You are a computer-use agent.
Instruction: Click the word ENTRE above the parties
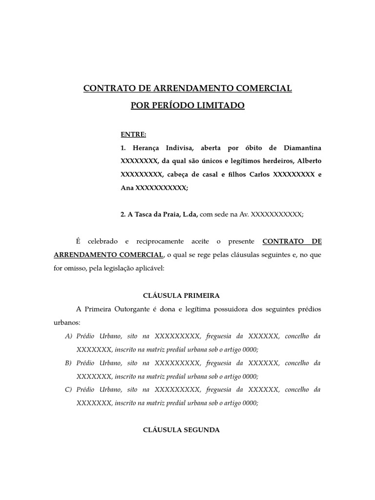point(133,134)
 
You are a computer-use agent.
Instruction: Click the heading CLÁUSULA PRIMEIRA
point(181,295)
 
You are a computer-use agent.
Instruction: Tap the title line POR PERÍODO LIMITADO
point(187,105)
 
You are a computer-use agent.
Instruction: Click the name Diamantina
point(302,147)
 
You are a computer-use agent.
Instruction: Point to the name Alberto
point(308,161)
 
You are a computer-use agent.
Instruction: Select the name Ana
point(126,187)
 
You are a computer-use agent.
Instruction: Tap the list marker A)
point(68,336)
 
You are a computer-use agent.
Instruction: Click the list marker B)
point(68,363)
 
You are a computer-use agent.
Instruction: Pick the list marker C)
point(68,390)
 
